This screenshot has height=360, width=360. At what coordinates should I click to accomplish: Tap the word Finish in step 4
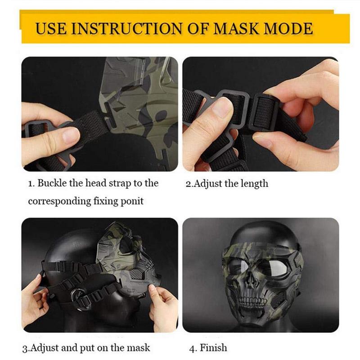coord(213,347)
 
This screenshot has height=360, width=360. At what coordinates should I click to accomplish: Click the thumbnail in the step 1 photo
coord(70,134)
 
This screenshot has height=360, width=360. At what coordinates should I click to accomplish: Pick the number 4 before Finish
coord(192,348)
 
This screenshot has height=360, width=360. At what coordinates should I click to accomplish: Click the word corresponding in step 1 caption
coord(59,202)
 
